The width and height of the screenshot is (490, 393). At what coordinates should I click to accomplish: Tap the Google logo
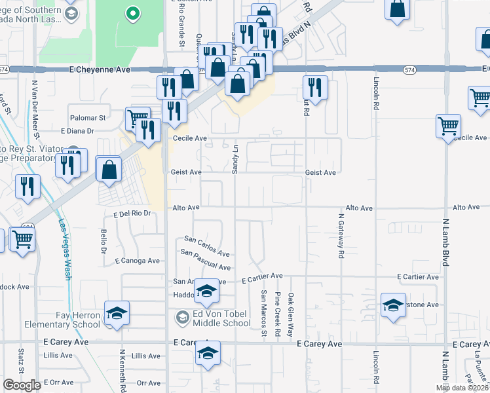[x=22, y=385]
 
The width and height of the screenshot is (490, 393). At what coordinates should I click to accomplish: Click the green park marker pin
[x=133, y=13]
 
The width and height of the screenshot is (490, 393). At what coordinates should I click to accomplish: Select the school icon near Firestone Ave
[x=393, y=305]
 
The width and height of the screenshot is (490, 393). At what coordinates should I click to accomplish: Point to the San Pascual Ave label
[x=206, y=260]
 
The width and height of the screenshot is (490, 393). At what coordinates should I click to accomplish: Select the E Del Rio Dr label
[x=132, y=214]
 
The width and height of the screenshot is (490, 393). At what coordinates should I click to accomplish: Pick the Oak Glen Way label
[x=291, y=314]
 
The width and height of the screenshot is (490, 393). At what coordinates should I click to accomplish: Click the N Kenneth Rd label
[x=122, y=370]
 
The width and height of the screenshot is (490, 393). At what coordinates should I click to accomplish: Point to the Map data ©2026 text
[x=462, y=388]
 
